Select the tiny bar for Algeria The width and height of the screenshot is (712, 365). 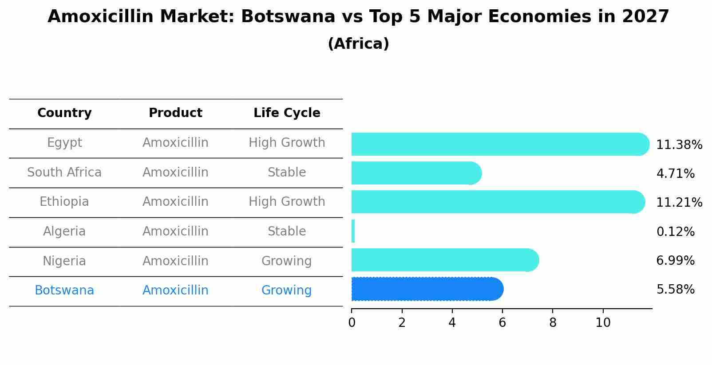coord(353,231)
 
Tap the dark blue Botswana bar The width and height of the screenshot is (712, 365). coord(426,289)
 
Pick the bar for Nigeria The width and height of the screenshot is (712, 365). coord(444,260)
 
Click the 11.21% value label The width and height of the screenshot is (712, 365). coord(679,203)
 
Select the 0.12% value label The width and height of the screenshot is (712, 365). coord(675,232)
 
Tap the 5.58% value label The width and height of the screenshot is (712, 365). coord(675,290)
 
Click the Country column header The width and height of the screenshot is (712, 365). coord(64,113)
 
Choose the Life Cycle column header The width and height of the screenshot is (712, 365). coord(287,113)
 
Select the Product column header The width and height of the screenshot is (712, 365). coord(175,113)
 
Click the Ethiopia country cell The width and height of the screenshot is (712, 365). coord(64,202)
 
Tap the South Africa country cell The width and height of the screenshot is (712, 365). coord(64,173)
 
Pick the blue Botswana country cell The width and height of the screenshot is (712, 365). coord(64,290)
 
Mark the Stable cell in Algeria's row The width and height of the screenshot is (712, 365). coord(287,232)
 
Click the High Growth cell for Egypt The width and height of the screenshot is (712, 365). coord(287,143)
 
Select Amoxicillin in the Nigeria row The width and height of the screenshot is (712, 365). coord(175,261)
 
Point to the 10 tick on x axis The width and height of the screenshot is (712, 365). coord(603,323)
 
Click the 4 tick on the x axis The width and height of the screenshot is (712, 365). coord(452,323)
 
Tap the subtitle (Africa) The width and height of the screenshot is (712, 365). coord(358,44)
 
